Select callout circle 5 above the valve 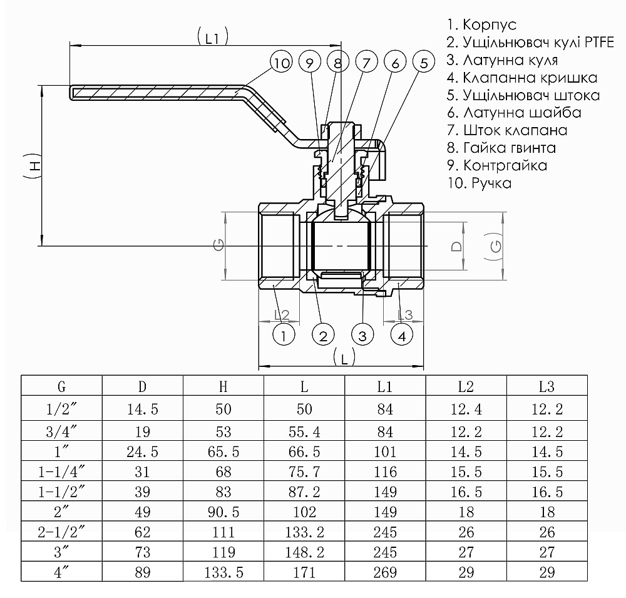424,63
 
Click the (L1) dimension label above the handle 212,38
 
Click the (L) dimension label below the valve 344,358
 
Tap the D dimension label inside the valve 457,245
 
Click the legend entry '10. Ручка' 479,183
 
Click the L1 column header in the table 385,387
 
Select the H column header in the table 223,387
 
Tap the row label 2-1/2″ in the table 61,533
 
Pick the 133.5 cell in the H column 223,572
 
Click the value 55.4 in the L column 304,431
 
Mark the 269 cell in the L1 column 385,572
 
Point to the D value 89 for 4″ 143,572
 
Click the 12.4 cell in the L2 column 466,410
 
